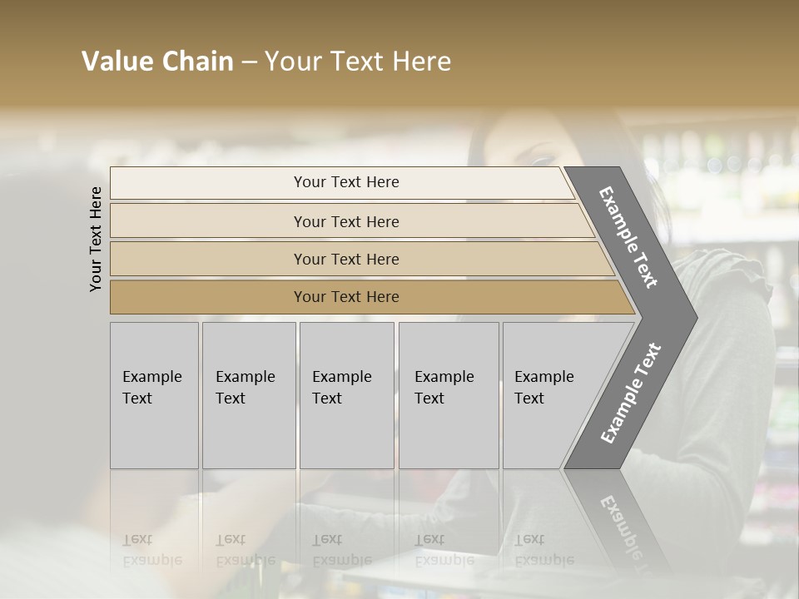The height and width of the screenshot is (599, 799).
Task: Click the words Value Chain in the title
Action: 157,62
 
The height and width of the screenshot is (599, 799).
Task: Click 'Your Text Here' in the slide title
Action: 358,62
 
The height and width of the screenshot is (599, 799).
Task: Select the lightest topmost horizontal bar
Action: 345,182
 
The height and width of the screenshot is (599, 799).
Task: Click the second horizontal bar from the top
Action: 345,221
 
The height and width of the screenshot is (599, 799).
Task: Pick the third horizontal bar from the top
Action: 345,259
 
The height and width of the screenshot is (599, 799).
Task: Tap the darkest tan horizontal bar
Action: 345,297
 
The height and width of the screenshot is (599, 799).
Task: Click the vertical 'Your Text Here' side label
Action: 96,239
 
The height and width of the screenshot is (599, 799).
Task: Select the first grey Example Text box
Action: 154,395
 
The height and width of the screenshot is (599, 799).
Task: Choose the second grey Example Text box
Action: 248,395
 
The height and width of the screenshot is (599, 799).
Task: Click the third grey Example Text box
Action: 345,395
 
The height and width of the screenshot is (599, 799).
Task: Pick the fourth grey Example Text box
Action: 448,395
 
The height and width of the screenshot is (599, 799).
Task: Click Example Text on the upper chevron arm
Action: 628,237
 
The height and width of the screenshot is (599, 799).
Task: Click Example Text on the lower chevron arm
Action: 630,394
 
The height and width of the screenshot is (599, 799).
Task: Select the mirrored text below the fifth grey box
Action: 543,550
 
